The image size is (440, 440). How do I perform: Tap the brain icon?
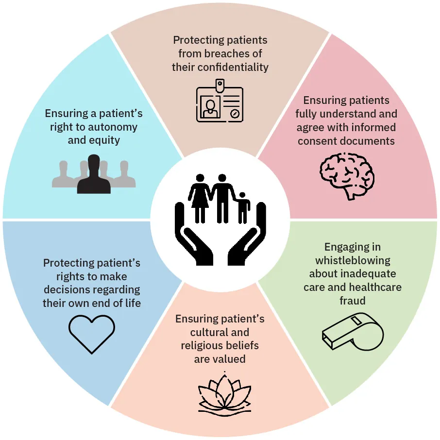pyautogui.click(x=347, y=175)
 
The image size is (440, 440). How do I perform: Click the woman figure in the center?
pyautogui.click(x=200, y=197)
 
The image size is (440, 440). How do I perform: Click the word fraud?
pyautogui.click(x=353, y=301)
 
